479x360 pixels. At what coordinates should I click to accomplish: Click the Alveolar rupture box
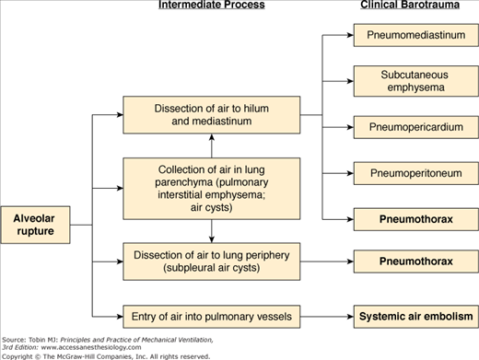tap(35, 225)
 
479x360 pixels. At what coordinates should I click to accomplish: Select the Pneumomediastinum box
tap(416, 35)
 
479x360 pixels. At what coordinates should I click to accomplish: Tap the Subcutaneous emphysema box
tap(416, 81)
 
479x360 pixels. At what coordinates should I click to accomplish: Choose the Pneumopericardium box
tap(416, 127)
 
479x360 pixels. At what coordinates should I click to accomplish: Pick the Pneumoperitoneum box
tap(416, 173)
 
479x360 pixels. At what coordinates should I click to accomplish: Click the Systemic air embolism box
tap(416, 317)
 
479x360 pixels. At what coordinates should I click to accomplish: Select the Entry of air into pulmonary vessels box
tap(212, 317)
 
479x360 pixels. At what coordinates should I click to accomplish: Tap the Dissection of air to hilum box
tap(212, 115)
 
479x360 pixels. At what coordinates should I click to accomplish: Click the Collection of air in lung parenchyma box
tap(212, 189)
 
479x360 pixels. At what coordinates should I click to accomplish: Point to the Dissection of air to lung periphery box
tap(212, 261)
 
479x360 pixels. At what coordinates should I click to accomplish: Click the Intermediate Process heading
tap(212, 5)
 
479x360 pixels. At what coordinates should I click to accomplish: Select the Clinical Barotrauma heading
tap(410, 5)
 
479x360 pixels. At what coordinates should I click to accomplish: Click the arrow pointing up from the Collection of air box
tap(212, 146)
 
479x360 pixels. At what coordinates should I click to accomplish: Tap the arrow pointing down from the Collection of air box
tap(212, 231)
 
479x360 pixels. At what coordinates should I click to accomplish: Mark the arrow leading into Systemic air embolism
tap(327, 317)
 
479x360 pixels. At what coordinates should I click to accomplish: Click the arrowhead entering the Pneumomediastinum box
tap(350, 35)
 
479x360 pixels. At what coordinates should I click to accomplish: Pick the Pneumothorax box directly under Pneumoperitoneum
tap(416, 219)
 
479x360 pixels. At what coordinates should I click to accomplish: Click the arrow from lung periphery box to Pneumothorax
tap(327, 261)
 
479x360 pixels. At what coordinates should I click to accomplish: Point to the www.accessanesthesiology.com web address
tap(91, 347)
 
